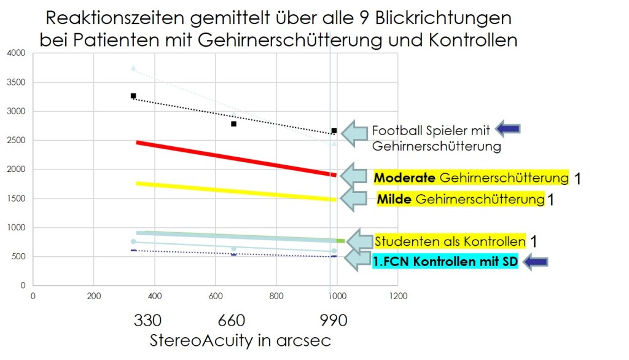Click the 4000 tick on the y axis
[15, 53]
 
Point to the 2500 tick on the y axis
[15, 141]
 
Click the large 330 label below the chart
[147, 321]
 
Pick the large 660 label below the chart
[232, 321]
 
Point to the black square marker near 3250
[133, 96]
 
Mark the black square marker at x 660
[233, 124]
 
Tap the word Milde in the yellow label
[394, 199]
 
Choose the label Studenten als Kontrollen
[450, 241]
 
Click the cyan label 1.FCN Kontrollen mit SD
[445, 262]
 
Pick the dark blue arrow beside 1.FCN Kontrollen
[534, 262]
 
